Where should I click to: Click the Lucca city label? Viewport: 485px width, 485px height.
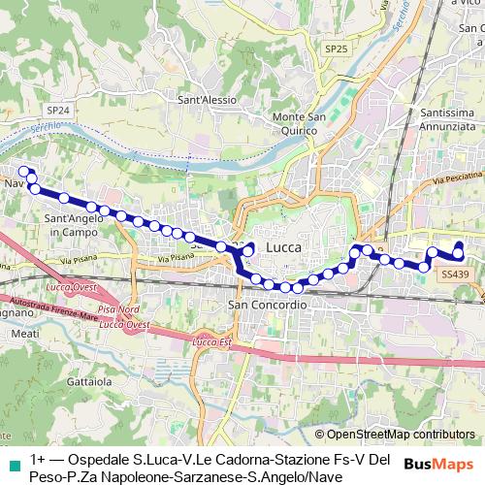pos(283,248)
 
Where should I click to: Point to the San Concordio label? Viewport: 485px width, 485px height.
pos(267,305)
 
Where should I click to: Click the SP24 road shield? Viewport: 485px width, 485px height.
pos(58,111)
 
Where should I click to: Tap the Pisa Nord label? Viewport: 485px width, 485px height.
pos(115,308)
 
